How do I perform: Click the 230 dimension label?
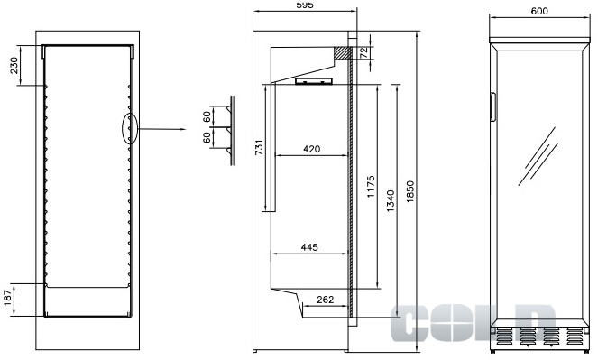point(14,65)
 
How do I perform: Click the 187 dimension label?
point(7,297)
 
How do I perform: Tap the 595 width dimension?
point(304,5)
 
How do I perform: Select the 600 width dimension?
point(539,11)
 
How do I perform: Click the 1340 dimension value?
point(391,201)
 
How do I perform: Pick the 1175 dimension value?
point(371,187)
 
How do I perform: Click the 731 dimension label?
point(259,147)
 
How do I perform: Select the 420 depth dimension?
point(311,149)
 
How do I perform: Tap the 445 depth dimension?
point(309,247)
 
